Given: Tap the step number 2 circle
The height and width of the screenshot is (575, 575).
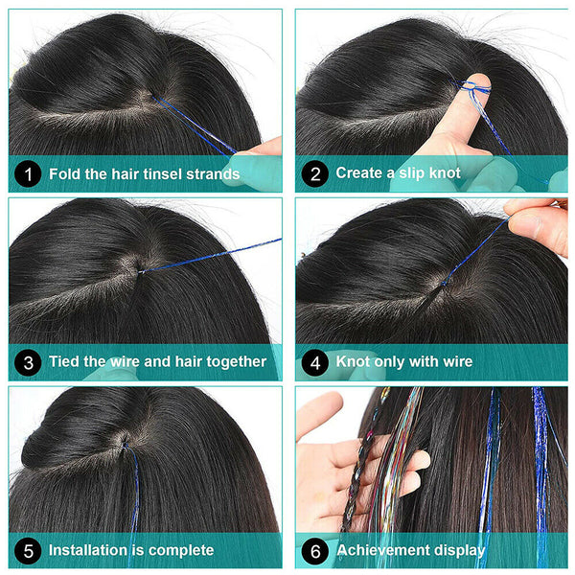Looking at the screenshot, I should coord(314,173).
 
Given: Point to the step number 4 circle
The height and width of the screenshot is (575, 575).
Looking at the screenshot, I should coord(314,362).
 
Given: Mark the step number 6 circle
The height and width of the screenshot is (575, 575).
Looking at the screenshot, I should coord(314,550).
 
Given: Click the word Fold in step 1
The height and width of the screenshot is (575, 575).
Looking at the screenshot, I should coord(64,173).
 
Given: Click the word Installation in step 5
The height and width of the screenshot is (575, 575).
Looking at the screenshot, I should coord(90,550).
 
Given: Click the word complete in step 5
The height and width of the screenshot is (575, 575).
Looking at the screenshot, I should coord(182,551).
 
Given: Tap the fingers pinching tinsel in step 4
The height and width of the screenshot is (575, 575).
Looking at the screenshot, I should coord(537,218).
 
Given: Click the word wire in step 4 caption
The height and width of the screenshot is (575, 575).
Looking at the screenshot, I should coord(454,362).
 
